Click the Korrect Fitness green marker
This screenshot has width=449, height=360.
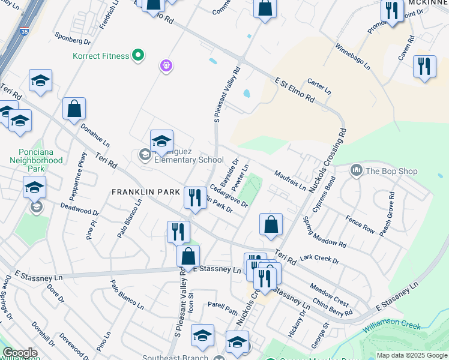tap(138, 56)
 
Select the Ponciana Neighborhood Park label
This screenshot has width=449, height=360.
tap(36, 161)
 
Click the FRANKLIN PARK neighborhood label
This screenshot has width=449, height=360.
tap(146, 192)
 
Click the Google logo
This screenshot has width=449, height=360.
tap(20, 353)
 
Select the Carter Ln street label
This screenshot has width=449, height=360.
tap(319, 87)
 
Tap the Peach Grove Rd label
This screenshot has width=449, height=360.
tap(387, 213)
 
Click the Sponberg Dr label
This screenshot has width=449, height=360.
tap(72, 39)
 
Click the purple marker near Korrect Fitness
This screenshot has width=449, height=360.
tap(166, 65)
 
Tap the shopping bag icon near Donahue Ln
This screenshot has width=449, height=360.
tap(74, 109)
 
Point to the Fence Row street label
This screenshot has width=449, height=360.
tap(360, 224)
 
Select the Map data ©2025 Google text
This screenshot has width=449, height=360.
tap(412, 355)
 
